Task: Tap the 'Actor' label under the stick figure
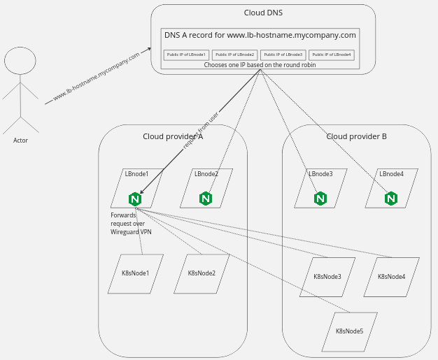coord(20,141)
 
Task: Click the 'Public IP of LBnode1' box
coord(186,54)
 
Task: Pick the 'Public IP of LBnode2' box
coord(235,54)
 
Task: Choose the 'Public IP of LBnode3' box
coord(283,54)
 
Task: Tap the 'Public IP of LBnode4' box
coord(332,54)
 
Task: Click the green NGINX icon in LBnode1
coord(135,199)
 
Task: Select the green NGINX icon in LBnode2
coord(205,199)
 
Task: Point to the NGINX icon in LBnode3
coord(320,199)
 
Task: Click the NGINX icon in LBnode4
coord(390,199)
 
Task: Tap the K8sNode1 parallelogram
coord(136,273)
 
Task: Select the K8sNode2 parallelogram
coord(202,273)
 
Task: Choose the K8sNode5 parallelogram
coord(349,331)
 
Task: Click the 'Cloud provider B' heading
coord(356,136)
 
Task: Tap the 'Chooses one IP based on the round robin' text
coord(260,65)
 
